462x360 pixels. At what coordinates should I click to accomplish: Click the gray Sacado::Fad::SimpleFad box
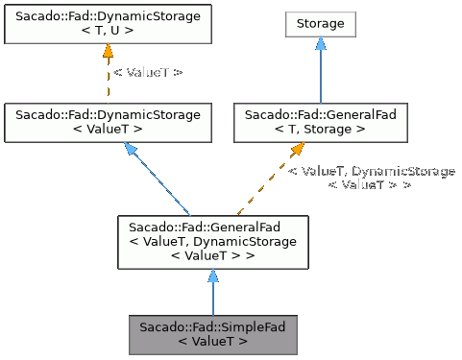point(212,334)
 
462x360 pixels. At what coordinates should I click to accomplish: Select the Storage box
point(321,22)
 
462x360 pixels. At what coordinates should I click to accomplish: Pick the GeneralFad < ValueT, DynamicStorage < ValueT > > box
point(212,242)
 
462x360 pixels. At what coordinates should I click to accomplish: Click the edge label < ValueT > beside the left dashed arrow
point(148,72)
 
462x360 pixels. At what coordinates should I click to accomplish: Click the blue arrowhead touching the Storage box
point(321,44)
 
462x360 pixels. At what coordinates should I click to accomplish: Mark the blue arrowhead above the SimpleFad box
point(212,276)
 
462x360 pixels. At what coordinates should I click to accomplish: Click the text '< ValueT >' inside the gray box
point(212,341)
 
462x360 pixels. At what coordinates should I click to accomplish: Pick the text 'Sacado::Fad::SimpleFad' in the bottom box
point(212,327)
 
